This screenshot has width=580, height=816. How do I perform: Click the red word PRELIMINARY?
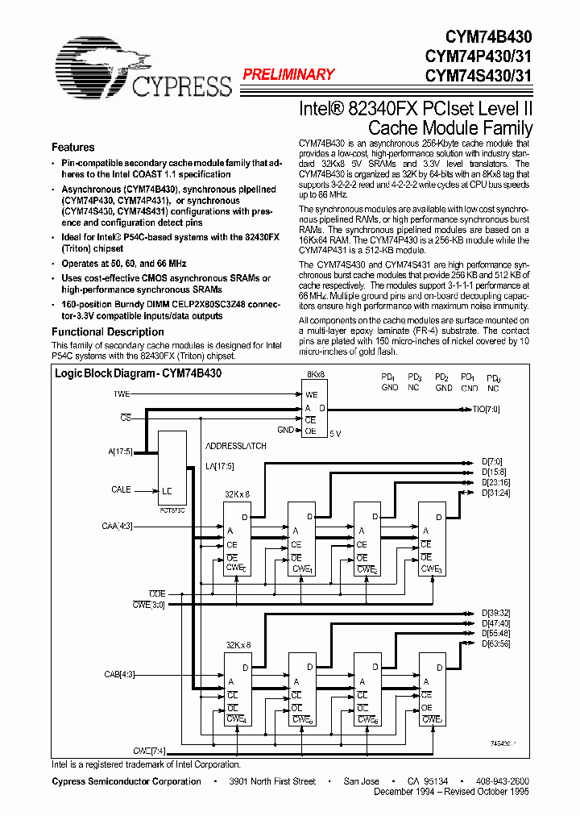(x=288, y=75)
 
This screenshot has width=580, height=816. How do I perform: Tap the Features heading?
(x=73, y=148)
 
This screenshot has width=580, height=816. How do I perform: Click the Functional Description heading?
(x=108, y=331)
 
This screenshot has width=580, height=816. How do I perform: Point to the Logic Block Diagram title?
(x=138, y=374)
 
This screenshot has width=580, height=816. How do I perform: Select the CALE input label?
(x=121, y=489)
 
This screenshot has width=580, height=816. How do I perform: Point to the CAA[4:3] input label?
(x=118, y=527)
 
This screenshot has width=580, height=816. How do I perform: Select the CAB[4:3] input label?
(x=118, y=674)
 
